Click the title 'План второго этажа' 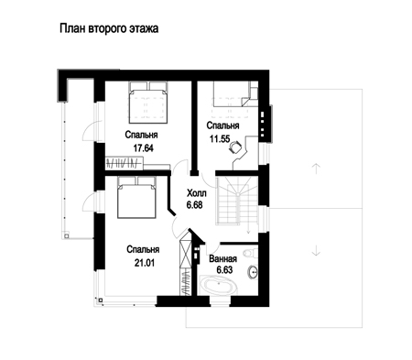(109, 28)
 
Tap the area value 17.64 (143, 148)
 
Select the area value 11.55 (220, 139)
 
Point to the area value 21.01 (145, 263)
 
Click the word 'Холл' (197, 193)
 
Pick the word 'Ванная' (223, 259)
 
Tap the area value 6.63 (224, 270)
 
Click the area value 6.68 (195, 204)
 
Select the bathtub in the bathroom (218, 285)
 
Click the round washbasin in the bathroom (253, 272)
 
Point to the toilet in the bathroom (251, 253)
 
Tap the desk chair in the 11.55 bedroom (234, 146)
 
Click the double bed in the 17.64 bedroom (148, 103)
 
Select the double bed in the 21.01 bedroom (136, 197)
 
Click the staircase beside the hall (237, 201)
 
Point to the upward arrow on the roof (317, 169)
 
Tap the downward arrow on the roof (317, 251)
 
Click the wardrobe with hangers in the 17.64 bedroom (125, 163)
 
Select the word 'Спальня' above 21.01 (143, 249)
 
